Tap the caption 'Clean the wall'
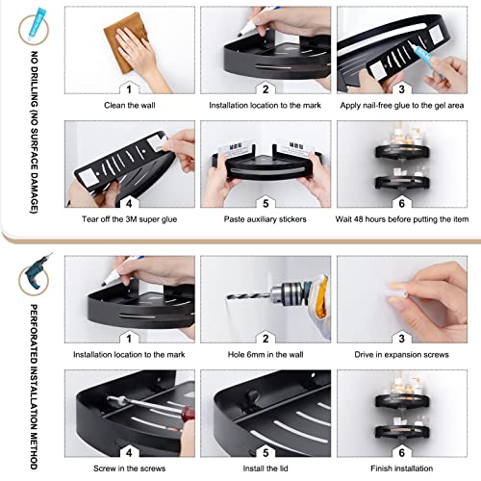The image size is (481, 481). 130,105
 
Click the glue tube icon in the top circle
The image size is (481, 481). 37,22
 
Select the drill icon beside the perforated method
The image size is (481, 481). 37,272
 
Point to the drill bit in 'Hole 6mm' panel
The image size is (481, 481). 248,295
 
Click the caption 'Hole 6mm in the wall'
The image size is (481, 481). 266,355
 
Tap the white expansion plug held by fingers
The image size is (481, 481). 398,292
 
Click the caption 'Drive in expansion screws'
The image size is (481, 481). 401,355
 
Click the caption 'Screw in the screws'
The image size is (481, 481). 130,468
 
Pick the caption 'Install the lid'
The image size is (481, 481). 266,468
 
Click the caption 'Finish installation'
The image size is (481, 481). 401,468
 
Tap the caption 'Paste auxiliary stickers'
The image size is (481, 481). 266,219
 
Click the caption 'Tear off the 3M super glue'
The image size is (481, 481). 129,219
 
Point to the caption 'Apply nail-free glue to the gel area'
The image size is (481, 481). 402,105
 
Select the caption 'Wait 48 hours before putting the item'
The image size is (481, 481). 402,219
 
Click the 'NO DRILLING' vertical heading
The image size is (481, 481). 34,132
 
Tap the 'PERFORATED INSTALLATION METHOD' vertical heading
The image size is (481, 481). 34,387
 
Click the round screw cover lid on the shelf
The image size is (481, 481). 252,396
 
